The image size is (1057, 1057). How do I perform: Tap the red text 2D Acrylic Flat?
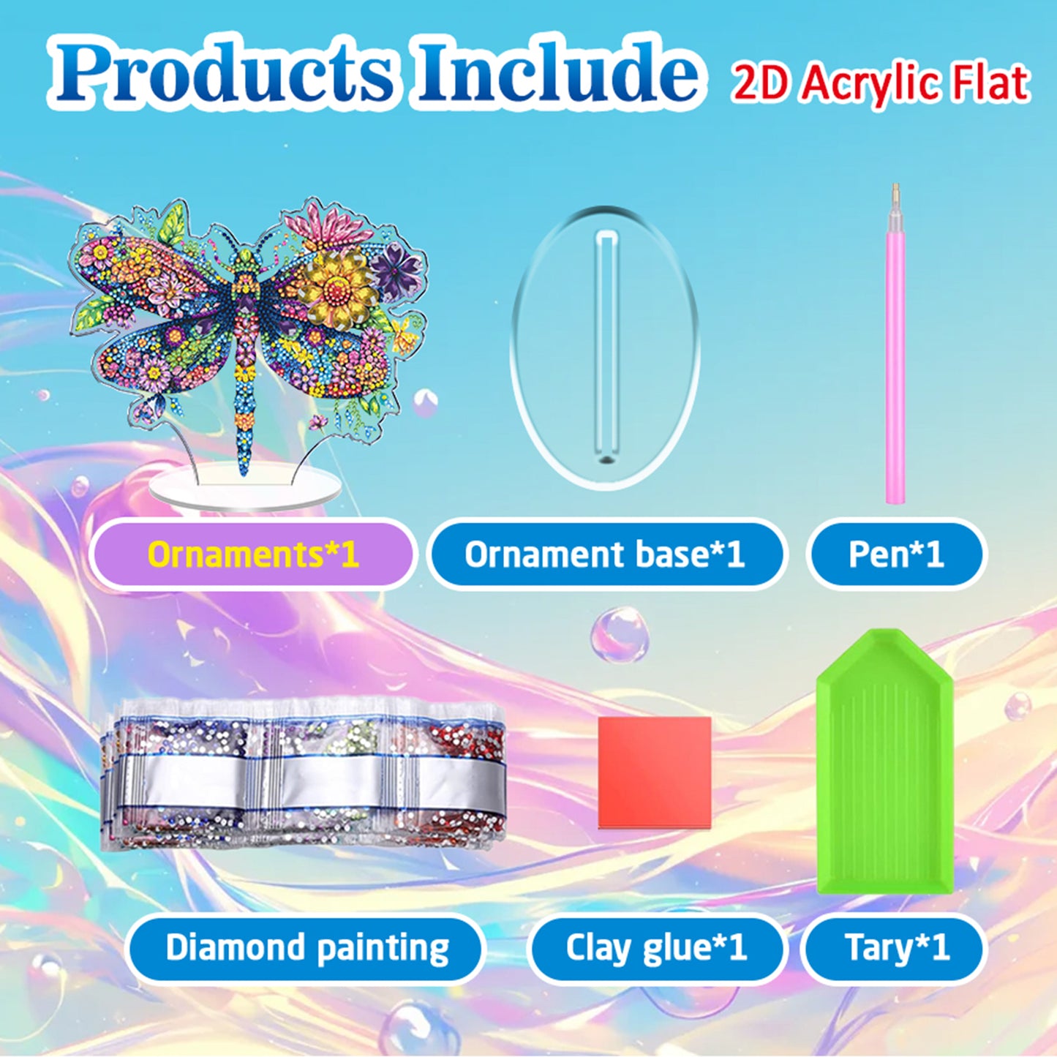880,83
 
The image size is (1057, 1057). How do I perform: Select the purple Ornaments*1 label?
253,554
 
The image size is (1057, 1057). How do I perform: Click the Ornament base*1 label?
605,554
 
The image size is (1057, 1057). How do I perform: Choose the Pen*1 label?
896,554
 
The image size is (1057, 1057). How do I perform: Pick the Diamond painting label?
307,948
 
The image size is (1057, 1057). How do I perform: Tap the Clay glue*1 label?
656,948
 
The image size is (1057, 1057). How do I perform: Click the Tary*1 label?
897,948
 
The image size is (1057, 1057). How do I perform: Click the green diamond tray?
885,768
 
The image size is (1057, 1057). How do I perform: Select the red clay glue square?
655,772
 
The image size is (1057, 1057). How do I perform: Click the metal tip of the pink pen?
895,193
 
